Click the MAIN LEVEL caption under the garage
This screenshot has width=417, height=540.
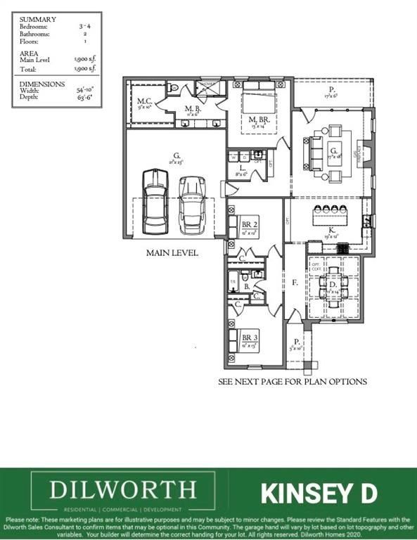pos(172,252)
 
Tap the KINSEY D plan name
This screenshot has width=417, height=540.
pos(319,493)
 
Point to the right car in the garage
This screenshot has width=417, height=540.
pos(191,205)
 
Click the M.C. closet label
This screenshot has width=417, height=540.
pos(145,101)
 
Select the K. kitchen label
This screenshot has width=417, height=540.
pos(331,230)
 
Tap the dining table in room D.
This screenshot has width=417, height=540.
pos(332,283)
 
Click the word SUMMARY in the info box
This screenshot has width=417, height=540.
pos(38,19)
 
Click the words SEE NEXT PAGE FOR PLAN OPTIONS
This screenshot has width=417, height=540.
pos(293,382)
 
